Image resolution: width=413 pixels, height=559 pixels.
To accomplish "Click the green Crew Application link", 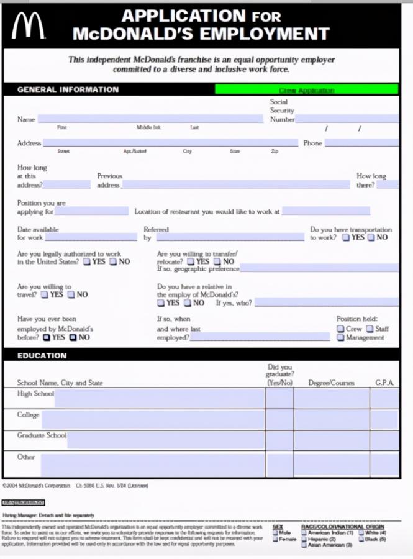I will coord(306,90).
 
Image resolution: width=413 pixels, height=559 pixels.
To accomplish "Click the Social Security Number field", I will coord(346,119).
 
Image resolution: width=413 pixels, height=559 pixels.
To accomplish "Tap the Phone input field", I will coord(361,143).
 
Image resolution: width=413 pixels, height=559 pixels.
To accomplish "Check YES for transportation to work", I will coord(346,237).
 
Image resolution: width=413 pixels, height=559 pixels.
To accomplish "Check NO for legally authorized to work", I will coord(113,261).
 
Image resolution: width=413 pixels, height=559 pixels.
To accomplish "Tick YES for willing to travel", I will coord(45,294).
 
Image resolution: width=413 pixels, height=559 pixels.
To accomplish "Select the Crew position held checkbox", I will coord(341,329).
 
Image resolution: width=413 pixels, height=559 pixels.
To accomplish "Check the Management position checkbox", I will coord(341,337).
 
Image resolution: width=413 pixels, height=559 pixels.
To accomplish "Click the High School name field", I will coord(159,398).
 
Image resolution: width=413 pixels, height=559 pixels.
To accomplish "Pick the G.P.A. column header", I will coord(384,383).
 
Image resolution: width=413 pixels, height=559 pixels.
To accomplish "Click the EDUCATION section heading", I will coord(42,355).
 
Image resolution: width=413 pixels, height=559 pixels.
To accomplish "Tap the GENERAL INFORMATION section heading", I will coord(68,89).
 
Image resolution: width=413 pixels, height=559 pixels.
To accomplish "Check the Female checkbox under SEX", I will coord(275,539).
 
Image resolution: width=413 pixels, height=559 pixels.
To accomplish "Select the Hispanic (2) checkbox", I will coord(304,539).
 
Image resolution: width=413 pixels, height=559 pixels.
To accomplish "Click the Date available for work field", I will coord(91,237).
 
